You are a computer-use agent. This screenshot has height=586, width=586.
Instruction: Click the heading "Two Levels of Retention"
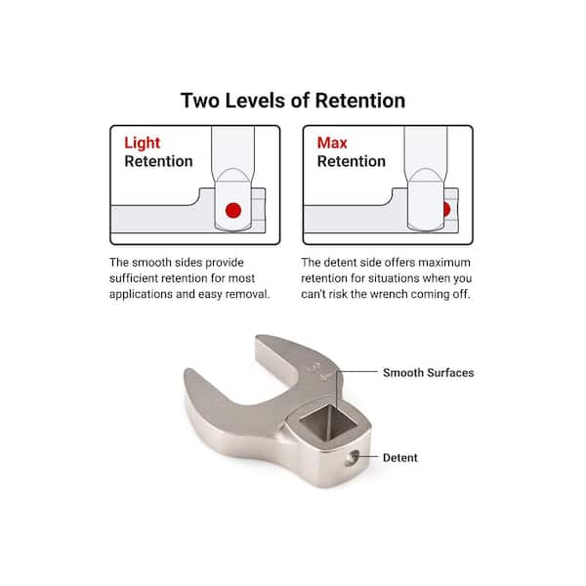pos(293,101)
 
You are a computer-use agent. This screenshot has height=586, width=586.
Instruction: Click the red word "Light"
pos(142,143)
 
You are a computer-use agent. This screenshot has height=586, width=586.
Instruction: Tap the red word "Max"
pos(331,143)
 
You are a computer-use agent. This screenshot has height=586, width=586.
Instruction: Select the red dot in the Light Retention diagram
pos(232,210)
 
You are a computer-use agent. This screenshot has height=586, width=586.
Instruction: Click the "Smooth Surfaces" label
pos(428,372)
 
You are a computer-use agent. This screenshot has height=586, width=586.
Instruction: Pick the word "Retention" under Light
pos(158,161)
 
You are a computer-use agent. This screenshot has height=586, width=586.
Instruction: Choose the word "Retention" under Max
pos(352,161)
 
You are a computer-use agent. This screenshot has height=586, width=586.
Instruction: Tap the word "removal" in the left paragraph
pos(243,293)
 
